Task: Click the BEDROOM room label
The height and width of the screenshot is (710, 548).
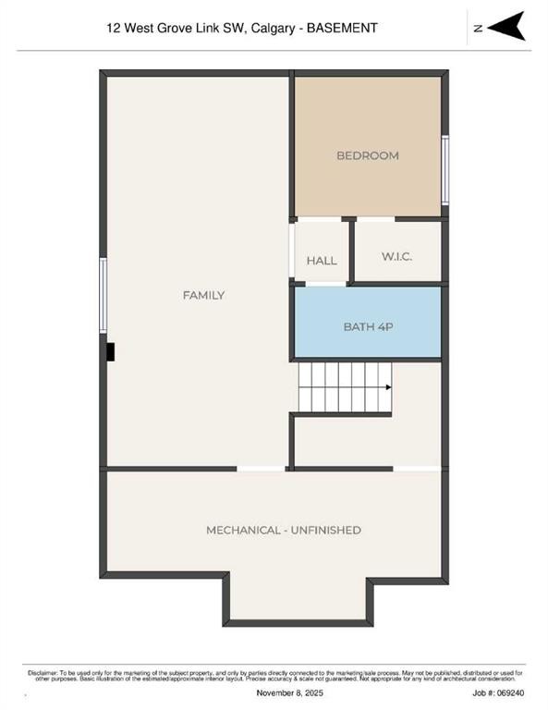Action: point(367,155)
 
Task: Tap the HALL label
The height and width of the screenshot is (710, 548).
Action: point(322,261)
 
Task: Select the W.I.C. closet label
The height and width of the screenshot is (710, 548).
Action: point(396,256)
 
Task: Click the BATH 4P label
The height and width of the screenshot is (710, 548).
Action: point(369,326)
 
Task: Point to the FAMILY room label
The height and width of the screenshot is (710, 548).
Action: point(203,295)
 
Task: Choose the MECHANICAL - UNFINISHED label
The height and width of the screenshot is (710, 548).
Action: point(283,530)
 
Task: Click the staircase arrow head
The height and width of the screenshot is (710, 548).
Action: point(388,387)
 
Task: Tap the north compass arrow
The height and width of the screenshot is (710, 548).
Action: point(506,26)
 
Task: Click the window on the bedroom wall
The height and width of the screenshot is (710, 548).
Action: point(444,170)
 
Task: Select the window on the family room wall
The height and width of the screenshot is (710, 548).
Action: point(104,295)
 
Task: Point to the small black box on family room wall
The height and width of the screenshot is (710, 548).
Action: point(110,352)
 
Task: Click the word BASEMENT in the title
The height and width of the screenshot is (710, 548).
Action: point(343,28)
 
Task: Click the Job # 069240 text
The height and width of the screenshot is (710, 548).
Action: point(498,691)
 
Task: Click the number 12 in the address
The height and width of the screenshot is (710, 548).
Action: point(114,28)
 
